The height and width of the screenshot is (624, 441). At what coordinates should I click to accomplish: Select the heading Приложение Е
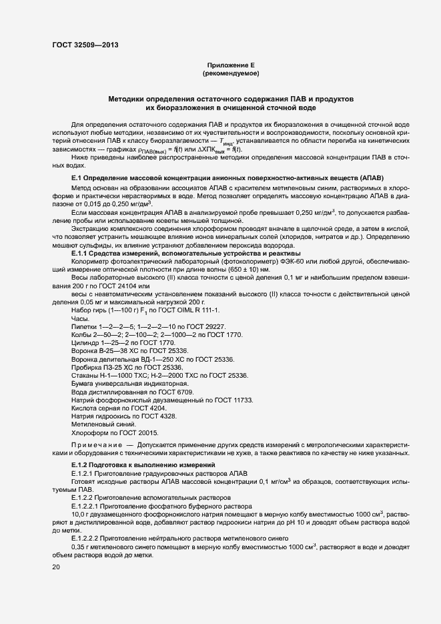pyautogui.click(x=230, y=64)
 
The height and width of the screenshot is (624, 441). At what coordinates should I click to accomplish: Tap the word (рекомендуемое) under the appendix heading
pyautogui.click(x=230, y=73)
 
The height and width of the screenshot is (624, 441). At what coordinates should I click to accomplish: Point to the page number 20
pyautogui.click(x=55, y=567)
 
